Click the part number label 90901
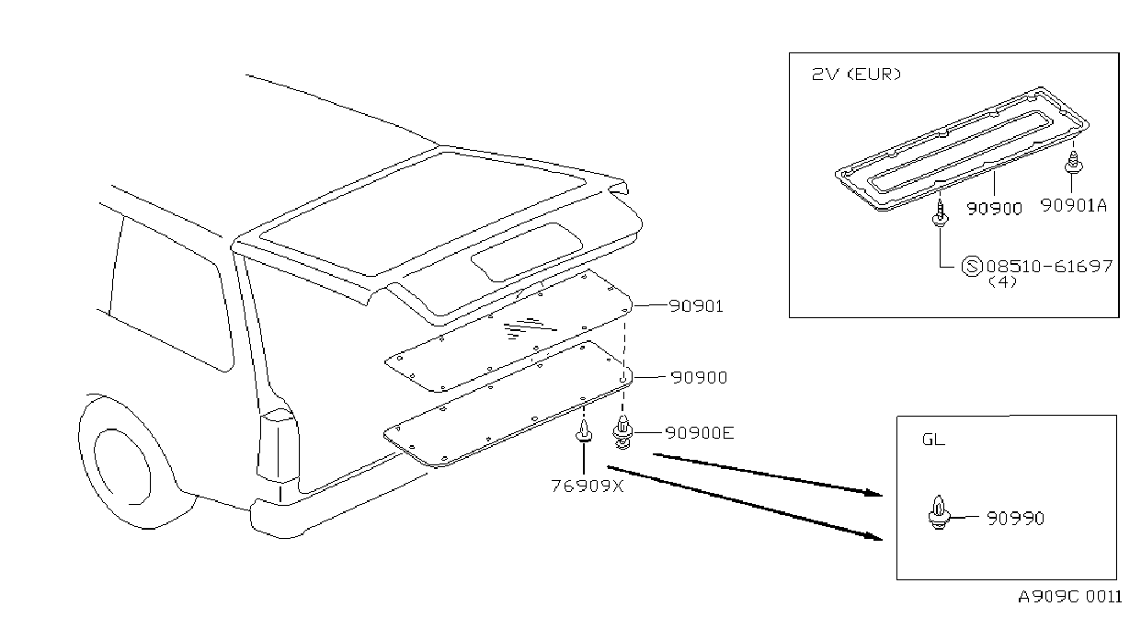pos(696,305)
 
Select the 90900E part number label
pos(700,433)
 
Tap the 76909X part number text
pos(588,486)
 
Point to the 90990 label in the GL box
pos(1015,519)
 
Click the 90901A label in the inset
pos(1074,205)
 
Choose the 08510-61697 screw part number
pos(1049,266)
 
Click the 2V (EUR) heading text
pos(856,74)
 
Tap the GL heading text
pos(933,440)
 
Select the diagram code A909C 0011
pos(1070,597)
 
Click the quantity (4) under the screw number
pos(1002,282)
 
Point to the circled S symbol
pos(972,266)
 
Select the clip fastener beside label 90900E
pos(623,432)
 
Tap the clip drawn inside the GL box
pos(939,512)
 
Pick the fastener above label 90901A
pos(1073,163)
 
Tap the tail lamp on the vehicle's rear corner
pos(278,445)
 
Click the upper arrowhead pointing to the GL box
pos(873,492)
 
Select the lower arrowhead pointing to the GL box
pos(873,536)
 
